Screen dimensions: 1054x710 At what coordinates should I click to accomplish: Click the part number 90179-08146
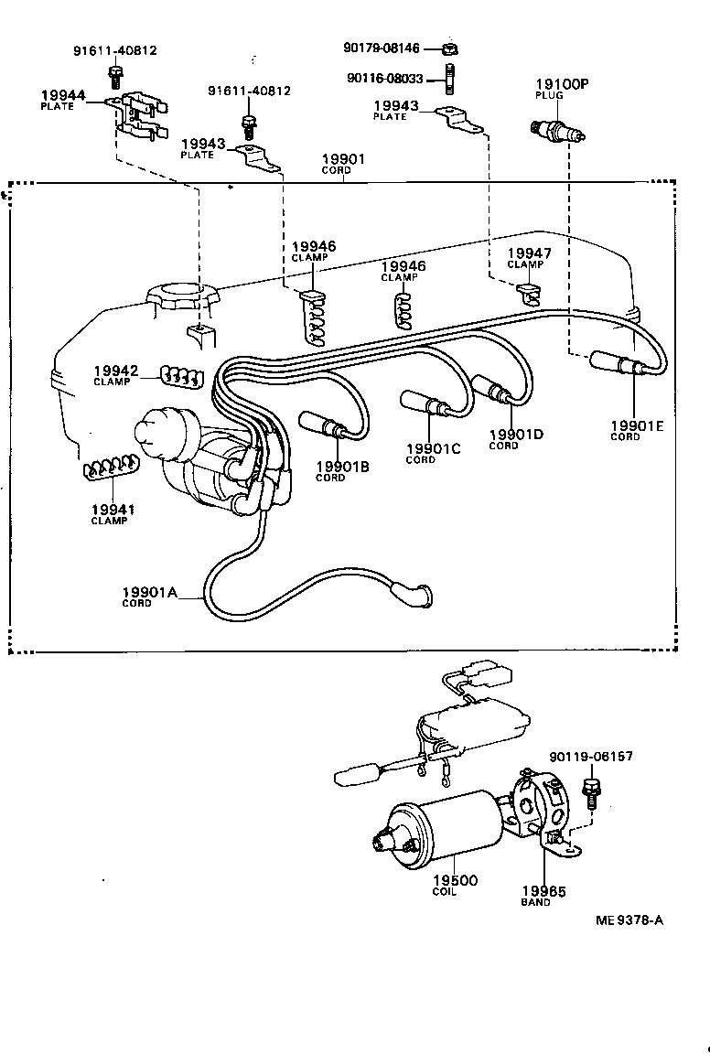[x=388, y=48]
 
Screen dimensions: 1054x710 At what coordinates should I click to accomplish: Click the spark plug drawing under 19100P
[x=557, y=130]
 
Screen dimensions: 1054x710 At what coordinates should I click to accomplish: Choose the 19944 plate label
[x=62, y=95]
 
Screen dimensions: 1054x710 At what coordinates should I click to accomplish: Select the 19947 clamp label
[x=525, y=253]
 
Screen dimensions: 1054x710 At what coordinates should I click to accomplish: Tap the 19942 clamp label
[x=115, y=371]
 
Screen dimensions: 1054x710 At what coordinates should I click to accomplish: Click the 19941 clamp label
[x=109, y=510]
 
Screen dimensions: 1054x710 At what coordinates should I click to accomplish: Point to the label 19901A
[x=149, y=592]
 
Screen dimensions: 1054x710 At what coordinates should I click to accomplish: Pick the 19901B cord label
[x=342, y=467]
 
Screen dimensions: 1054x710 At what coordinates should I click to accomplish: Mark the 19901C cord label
[x=434, y=448]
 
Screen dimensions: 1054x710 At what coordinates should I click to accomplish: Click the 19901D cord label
[x=516, y=435]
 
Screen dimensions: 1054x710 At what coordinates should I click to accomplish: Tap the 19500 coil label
[x=455, y=880]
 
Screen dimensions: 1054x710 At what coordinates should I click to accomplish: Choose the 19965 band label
[x=543, y=891]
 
